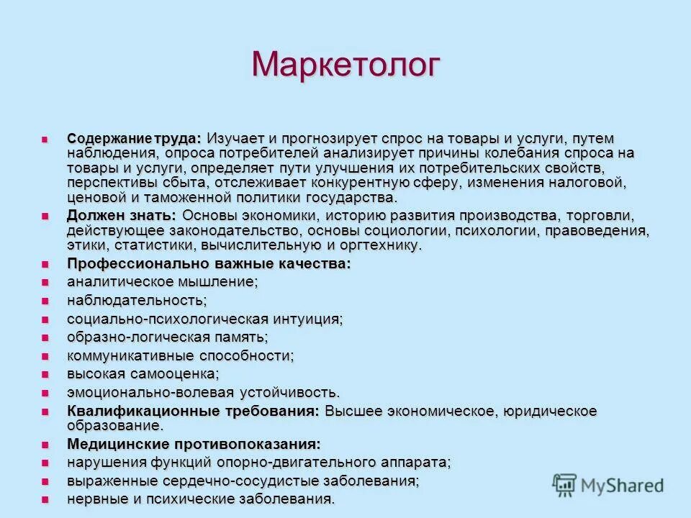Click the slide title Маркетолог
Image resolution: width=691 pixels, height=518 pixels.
pyautogui.click(x=345, y=65)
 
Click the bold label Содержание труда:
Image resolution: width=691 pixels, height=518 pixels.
pyautogui.click(x=135, y=137)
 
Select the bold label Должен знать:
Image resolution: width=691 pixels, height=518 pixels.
pyautogui.click(x=121, y=216)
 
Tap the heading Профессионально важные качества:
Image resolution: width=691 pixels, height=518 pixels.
pyautogui.click(x=209, y=263)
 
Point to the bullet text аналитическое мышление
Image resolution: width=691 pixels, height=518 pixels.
pyautogui.click(x=162, y=281)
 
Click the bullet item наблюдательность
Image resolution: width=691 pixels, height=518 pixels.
pyautogui.click(x=137, y=300)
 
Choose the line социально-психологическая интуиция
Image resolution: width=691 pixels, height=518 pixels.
pyautogui.click(x=204, y=319)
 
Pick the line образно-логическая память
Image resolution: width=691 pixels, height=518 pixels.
pyautogui.click(x=167, y=337)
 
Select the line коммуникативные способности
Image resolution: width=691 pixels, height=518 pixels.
pyautogui.click(x=180, y=355)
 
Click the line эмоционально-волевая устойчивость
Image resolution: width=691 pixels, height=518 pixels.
pyautogui.click(x=203, y=392)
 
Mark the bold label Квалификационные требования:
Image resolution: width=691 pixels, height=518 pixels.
pyautogui.click(x=193, y=411)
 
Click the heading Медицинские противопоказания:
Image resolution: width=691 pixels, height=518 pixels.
pyautogui.click(x=194, y=443)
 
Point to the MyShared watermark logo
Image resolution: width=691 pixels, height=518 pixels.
pyautogui.click(x=608, y=484)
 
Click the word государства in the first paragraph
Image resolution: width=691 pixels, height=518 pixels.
pyautogui.click(x=351, y=198)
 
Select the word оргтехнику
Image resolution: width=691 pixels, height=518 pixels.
pyautogui.click(x=385, y=245)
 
